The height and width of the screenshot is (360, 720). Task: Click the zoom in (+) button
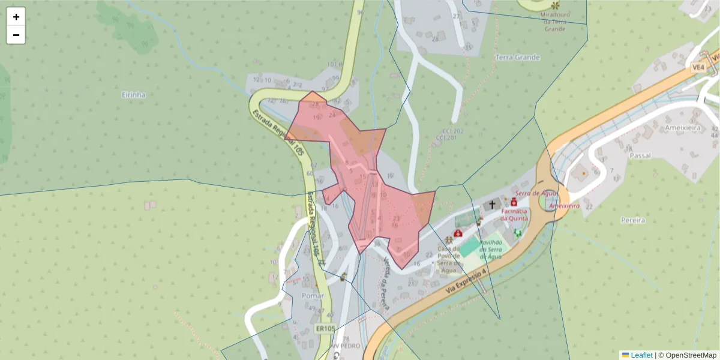click(x=16, y=17)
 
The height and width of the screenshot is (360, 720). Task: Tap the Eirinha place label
click(x=133, y=95)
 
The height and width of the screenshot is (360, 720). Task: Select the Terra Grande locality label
click(x=518, y=58)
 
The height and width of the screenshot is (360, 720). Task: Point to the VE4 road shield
click(x=698, y=68)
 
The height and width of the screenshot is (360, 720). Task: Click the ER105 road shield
click(x=325, y=328)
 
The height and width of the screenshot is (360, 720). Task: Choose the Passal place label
click(x=640, y=155)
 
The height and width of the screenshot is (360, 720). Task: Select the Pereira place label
click(x=632, y=220)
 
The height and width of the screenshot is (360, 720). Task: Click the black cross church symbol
click(x=493, y=205)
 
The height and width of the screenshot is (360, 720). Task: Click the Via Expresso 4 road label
click(x=467, y=281)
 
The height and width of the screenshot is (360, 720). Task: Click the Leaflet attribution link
click(x=641, y=355)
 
